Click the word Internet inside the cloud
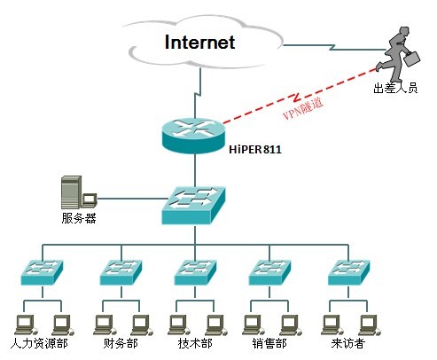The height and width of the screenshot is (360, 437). pyautogui.click(x=199, y=43)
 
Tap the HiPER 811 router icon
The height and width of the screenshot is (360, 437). pyautogui.click(x=194, y=136)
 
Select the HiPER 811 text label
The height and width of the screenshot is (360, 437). pyautogui.click(x=255, y=150)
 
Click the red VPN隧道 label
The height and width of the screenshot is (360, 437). pyautogui.click(x=303, y=108)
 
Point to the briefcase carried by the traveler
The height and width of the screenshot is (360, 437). pyautogui.click(x=412, y=59)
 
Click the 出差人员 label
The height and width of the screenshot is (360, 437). pyautogui.click(x=395, y=88)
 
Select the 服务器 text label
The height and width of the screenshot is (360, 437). pyautogui.click(x=79, y=218)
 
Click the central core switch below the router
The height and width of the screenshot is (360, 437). pyautogui.click(x=194, y=205)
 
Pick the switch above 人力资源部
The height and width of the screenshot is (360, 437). pyautogui.click(x=43, y=272)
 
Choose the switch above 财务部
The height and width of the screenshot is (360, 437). pyautogui.click(x=121, y=272)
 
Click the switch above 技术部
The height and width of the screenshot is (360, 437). pyautogui.click(x=195, y=272)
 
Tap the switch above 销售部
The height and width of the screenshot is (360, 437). pyautogui.click(x=269, y=272)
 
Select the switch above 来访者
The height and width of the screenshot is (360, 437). pyautogui.click(x=349, y=272)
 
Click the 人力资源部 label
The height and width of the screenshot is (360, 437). pyautogui.click(x=39, y=343)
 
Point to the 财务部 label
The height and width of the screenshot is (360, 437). pyautogui.click(x=121, y=343)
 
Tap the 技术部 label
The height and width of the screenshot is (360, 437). pyautogui.click(x=195, y=343)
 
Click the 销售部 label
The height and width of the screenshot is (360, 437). pyautogui.click(x=269, y=343)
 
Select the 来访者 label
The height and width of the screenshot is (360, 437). pyautogui.click(x=348, y=343)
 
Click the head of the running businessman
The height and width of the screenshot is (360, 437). pyautogui.click(x=403, y=31)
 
